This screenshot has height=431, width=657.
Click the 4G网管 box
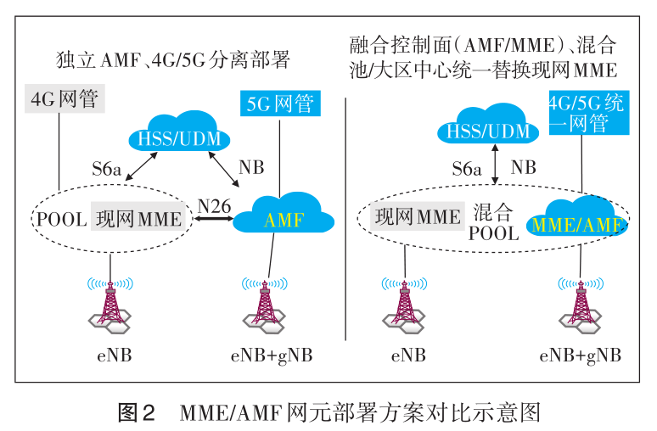65,99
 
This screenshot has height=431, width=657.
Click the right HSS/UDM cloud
488,130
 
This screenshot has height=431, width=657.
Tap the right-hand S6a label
467,168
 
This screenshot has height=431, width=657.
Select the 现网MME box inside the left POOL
139,218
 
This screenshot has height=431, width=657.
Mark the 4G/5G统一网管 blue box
586,114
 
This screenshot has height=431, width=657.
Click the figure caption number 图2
136,413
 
